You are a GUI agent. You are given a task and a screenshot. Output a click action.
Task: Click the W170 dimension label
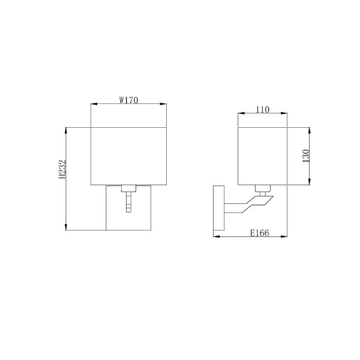pyautogui.click(x=128, y=100)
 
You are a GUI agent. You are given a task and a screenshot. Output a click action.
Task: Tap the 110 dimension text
pyautogui.click(x=262, y=109)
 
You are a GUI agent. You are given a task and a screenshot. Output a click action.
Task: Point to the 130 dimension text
pyautogui.click(x=305, y=157)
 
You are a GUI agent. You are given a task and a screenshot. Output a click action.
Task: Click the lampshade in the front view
pyautogui.click(x=128, y=155)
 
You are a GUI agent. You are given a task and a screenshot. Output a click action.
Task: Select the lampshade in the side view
pyautogui.click(x=262, y=155)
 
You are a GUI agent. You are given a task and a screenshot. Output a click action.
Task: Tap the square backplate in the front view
pyautogui.click(x=114, y=210)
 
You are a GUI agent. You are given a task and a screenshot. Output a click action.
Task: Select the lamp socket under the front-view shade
pyautogui.click(x=129, y=188)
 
